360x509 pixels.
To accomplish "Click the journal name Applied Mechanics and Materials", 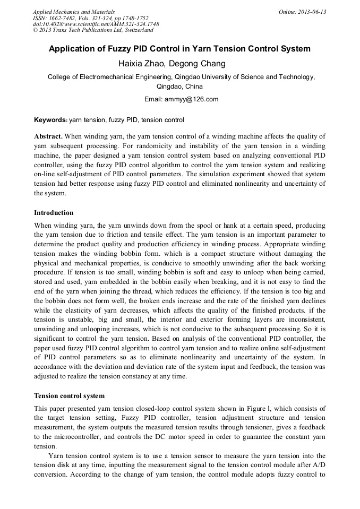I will coord(73,12).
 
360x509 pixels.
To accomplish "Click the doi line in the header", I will coord(96,24).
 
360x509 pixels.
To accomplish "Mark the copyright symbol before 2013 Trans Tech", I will coord(35,31).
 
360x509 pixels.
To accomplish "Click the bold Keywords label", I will coord(50,120).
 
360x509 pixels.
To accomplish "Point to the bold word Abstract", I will coord(49,136).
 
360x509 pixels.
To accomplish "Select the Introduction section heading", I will coord(54,213).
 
